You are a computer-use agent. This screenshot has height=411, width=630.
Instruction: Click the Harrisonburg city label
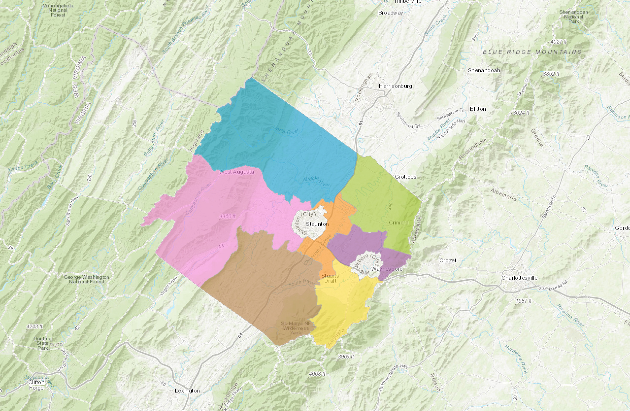[x=395, y=86]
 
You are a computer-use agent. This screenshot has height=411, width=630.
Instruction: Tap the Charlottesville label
[x=520, y=278]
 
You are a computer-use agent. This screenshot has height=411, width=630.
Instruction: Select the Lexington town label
[x=187, y=391]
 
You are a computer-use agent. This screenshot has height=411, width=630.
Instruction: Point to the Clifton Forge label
[x=36, y=385]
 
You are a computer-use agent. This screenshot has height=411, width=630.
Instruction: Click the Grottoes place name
[x=405, y=177]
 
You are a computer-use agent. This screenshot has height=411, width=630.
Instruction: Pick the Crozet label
[x=448, y=261]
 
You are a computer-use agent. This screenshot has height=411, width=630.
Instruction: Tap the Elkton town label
[x=478, y=109]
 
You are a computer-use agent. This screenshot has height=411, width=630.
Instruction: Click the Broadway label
[x=390, y=13]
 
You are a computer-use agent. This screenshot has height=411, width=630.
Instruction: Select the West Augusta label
[x=236, y=172]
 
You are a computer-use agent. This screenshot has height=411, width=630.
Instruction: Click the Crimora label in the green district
[x=399, y=223]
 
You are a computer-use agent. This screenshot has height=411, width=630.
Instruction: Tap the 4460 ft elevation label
[x=227, y=216]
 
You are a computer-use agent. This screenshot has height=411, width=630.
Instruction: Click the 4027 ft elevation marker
[x=558, y=42]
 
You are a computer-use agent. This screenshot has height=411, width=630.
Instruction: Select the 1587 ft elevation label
[x=523, y=301]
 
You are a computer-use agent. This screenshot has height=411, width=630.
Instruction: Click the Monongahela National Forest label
[x=58, y=10]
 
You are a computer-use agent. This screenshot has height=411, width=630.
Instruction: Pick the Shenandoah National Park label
[x=573, y=17]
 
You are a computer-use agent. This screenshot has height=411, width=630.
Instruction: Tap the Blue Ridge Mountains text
[x=532, y=52]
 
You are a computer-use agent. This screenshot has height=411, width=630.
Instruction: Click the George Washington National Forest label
[x=86, y=279]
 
